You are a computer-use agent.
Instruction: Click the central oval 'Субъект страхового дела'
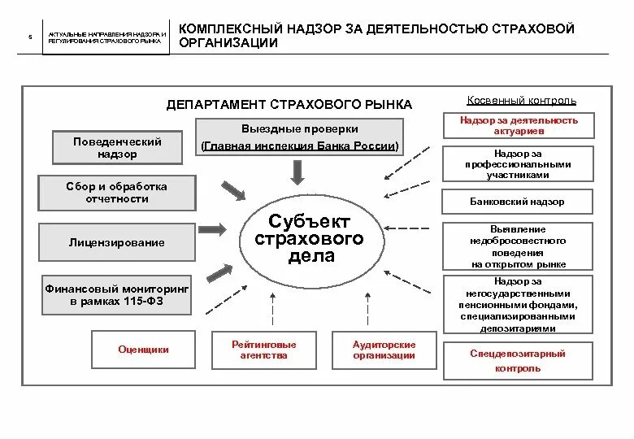pos(310,238)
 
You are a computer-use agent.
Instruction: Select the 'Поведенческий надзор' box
pos(118,147)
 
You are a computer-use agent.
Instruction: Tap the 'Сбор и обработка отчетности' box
pos(118,193)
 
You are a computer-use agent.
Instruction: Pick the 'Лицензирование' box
pos(117,242)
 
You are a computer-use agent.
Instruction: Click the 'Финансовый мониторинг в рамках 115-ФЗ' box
pos(118,295)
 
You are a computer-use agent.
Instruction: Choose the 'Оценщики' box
pos(143,350)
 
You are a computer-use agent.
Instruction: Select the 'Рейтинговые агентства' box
pos(264,350)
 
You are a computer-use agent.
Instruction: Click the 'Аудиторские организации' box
pos(384,350)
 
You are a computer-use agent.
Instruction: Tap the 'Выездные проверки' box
pos(300,137)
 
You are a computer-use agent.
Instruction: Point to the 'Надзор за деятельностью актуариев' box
pos(519,125)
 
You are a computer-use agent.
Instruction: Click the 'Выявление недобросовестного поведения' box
pos(518,246)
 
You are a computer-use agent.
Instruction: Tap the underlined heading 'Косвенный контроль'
pos(522,101)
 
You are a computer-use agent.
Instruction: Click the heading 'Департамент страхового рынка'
pos(289,105)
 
